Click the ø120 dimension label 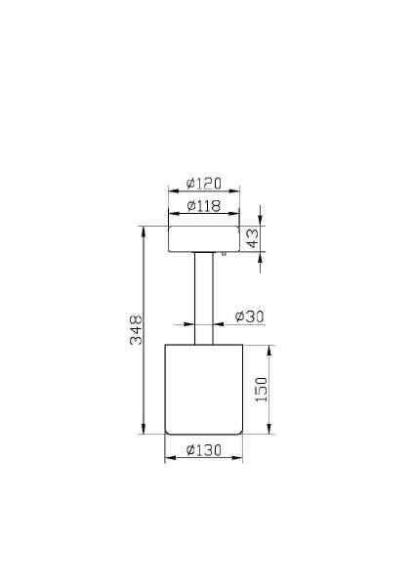pyautogui.click(x=204, y=184)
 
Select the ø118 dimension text pyautogui.click(x=204, y=206)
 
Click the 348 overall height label pyautogui.click(x=137, y=330)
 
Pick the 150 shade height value pyautogui.click(x=261, y=390)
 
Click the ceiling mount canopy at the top pyautogui.click(x=204, y=239)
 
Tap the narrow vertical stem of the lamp pyautogui.click(x=204, y=298)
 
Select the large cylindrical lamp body pyautogui.click(x=204, y=389)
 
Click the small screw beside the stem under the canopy pyautogui.click(x=224, y=254)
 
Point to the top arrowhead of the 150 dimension pyautogui.click(x=269, y=349)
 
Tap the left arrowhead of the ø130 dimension pyautogui.click(x=169, y=457)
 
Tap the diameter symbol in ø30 pyautogui.click(x=239, y=316)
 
